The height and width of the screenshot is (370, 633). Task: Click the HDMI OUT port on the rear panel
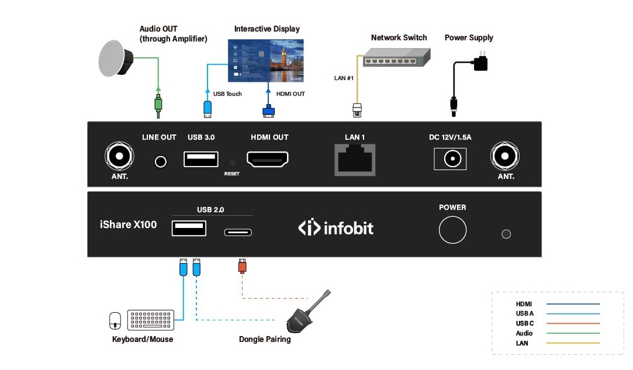click(268, 158)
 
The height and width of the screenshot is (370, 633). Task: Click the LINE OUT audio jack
click(160, 161)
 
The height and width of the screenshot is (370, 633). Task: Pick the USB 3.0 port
click(201, 158)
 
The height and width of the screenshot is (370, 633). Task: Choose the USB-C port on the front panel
click(238, 232)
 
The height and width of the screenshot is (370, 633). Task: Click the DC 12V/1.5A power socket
click(450, 158)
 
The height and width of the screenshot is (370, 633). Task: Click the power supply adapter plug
click(480, 61)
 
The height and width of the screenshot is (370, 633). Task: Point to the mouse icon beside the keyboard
click(115, 320)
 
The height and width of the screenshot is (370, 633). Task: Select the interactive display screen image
click(265, 60)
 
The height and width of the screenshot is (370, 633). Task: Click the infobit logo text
click(336, 227)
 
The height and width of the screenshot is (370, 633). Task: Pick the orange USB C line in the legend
click(573, 323)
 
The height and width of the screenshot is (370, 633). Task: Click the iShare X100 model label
click(128, 224)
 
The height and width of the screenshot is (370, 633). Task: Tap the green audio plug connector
click(158, 103)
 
